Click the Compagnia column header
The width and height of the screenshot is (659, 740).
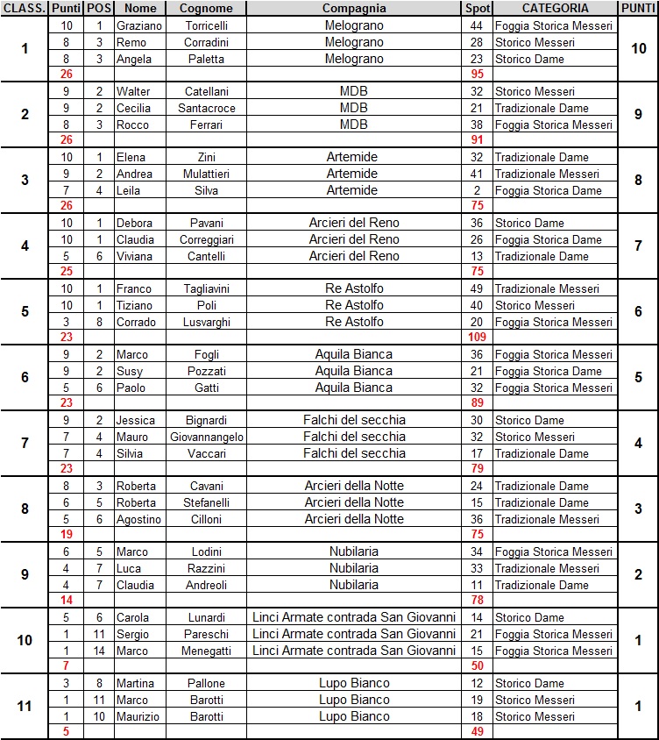pos(354,8)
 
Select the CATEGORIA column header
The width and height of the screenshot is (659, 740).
pos(555,8)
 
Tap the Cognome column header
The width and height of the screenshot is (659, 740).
pos(206,8)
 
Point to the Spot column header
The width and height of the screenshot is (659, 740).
pos(478,8)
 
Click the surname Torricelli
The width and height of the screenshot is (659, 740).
pos(206,26)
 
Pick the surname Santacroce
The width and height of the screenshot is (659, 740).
pos(206,109)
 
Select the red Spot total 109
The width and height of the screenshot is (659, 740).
pos(478,338)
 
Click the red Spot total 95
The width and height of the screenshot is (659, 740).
pos(478,75)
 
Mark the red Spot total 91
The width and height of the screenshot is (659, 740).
pos(478,140)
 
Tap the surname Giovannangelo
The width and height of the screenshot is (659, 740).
pos(206,437)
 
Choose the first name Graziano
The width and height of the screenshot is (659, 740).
pos(139,26)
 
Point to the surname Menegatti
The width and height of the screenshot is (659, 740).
pos(206,651)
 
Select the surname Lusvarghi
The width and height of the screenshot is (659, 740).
pos(206,322)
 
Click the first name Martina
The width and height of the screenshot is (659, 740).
pos(135,683)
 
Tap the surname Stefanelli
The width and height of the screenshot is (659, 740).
pos(206,502)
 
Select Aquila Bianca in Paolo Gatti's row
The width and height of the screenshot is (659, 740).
pos(354,388)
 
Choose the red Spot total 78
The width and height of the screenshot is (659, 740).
pos(478,601)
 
